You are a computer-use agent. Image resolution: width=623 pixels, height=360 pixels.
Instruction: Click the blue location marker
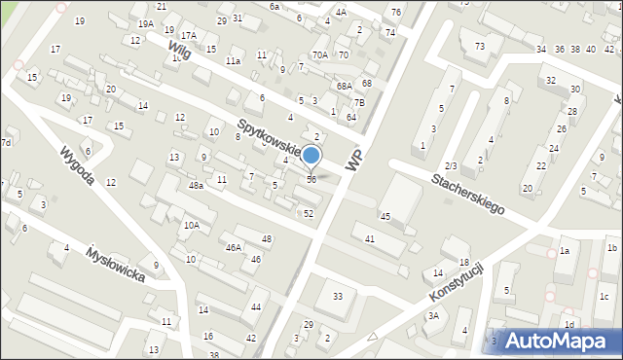point(311,156)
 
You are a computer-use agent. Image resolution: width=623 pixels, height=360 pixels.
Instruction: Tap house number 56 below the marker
point(311,179)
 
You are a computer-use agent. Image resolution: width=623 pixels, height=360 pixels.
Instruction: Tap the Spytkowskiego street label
point(273,142)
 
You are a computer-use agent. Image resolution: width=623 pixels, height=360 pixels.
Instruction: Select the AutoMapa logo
point(563,341)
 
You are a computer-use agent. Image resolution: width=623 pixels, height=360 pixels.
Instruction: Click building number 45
point(385,216)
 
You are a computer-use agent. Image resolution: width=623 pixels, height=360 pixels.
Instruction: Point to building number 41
point(370,238)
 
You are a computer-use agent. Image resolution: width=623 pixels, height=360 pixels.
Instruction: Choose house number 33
point(338,297)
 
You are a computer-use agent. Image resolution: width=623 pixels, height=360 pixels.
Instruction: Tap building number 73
point(480,47)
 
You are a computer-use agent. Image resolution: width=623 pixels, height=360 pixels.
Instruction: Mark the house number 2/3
point(450,166)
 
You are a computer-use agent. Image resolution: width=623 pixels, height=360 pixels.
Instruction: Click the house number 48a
point(196,186)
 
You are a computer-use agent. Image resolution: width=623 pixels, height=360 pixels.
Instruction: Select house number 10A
point(193,226)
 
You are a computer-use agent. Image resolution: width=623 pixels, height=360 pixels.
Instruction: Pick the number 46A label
point(234,248)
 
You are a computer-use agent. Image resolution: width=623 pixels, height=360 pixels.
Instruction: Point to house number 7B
point(359,102)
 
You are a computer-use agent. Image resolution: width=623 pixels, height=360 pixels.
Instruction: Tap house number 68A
point(344,87)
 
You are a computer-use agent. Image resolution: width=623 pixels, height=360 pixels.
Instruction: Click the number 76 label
point(395,12)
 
